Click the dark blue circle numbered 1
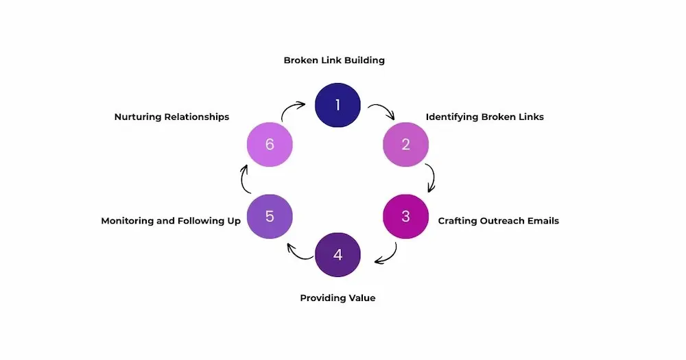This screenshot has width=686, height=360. click(338, 105)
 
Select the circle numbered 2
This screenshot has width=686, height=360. click(405, 145)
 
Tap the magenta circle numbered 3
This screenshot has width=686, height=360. click(405, 216)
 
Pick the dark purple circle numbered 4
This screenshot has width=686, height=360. click(338, 255)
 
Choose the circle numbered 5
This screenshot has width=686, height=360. click(270, 216)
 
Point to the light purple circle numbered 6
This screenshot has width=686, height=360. click(270, 145)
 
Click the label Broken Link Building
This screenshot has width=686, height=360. click(334, 60)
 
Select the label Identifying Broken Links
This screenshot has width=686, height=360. click(484, 117)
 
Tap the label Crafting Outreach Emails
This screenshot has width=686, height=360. click(498, 221)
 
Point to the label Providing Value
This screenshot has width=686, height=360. click(338, 298)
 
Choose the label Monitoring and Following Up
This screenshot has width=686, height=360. click(171, 221)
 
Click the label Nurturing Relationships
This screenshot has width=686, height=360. click(171, 117)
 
